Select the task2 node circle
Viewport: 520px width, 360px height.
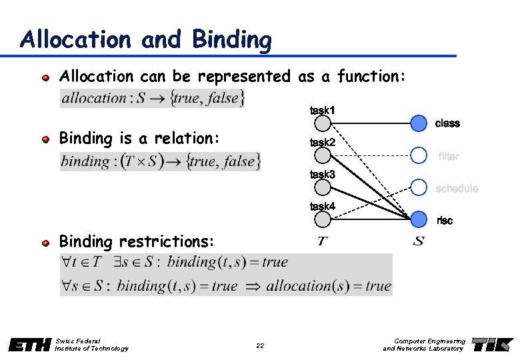[323, 155]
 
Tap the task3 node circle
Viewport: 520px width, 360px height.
[323, 187]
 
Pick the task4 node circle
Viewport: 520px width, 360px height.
[323, 219]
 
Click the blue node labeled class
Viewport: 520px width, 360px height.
[418, 123]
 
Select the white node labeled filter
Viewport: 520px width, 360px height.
[418, 155]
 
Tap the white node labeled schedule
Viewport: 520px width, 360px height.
[418, 187]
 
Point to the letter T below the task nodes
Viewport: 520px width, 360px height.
[323, 241]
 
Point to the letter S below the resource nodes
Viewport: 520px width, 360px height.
[418, 241]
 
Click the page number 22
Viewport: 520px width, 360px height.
[260, 345]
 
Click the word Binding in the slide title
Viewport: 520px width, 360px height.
[231, 41]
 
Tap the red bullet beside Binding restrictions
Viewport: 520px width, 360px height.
[46, 242]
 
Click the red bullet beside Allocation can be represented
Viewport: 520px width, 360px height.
[46, 77]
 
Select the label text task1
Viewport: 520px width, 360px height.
[323, 109]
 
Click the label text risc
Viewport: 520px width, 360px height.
[444, 220]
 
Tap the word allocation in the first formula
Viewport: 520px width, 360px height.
[94, 99]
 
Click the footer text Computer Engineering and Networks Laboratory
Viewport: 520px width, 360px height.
[424, 345]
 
